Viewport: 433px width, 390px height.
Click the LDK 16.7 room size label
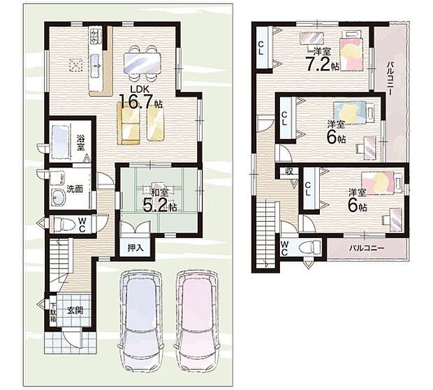[140, 98]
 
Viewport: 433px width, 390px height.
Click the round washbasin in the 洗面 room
[58, 197]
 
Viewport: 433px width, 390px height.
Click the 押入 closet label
[135, 248]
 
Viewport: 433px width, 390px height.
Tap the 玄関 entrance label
[75, 310]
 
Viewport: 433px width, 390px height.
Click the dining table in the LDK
[142, 63]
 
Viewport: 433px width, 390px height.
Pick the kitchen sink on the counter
[96, 65]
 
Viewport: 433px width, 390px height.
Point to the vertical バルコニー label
[390, 77]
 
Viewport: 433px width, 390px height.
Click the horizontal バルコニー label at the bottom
[367, 248]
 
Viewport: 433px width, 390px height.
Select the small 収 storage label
[289, 172]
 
